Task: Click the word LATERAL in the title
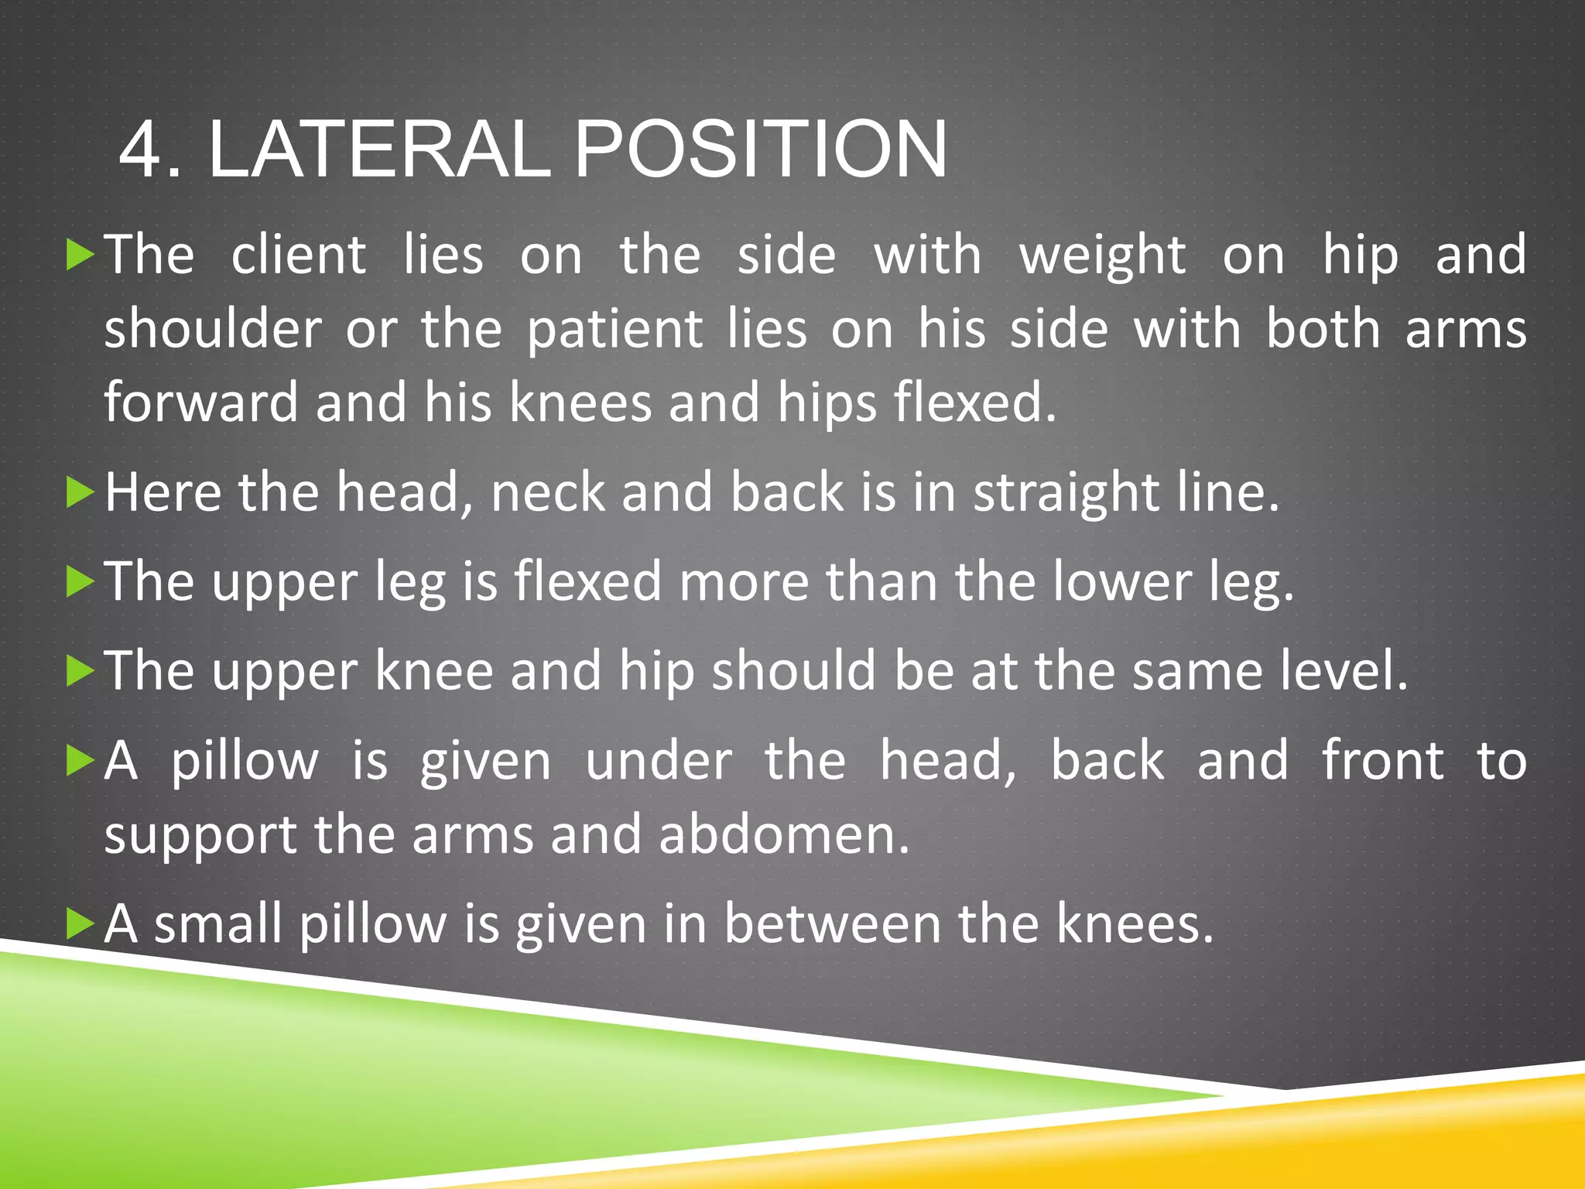coord(379,149)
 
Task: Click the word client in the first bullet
coord(298,255)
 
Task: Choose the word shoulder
coord(213,329)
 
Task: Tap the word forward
coord(201,403)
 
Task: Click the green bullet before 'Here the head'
coord(80,492)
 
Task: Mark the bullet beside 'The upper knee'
coord(80,670)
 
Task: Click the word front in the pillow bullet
coord(1382,760)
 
